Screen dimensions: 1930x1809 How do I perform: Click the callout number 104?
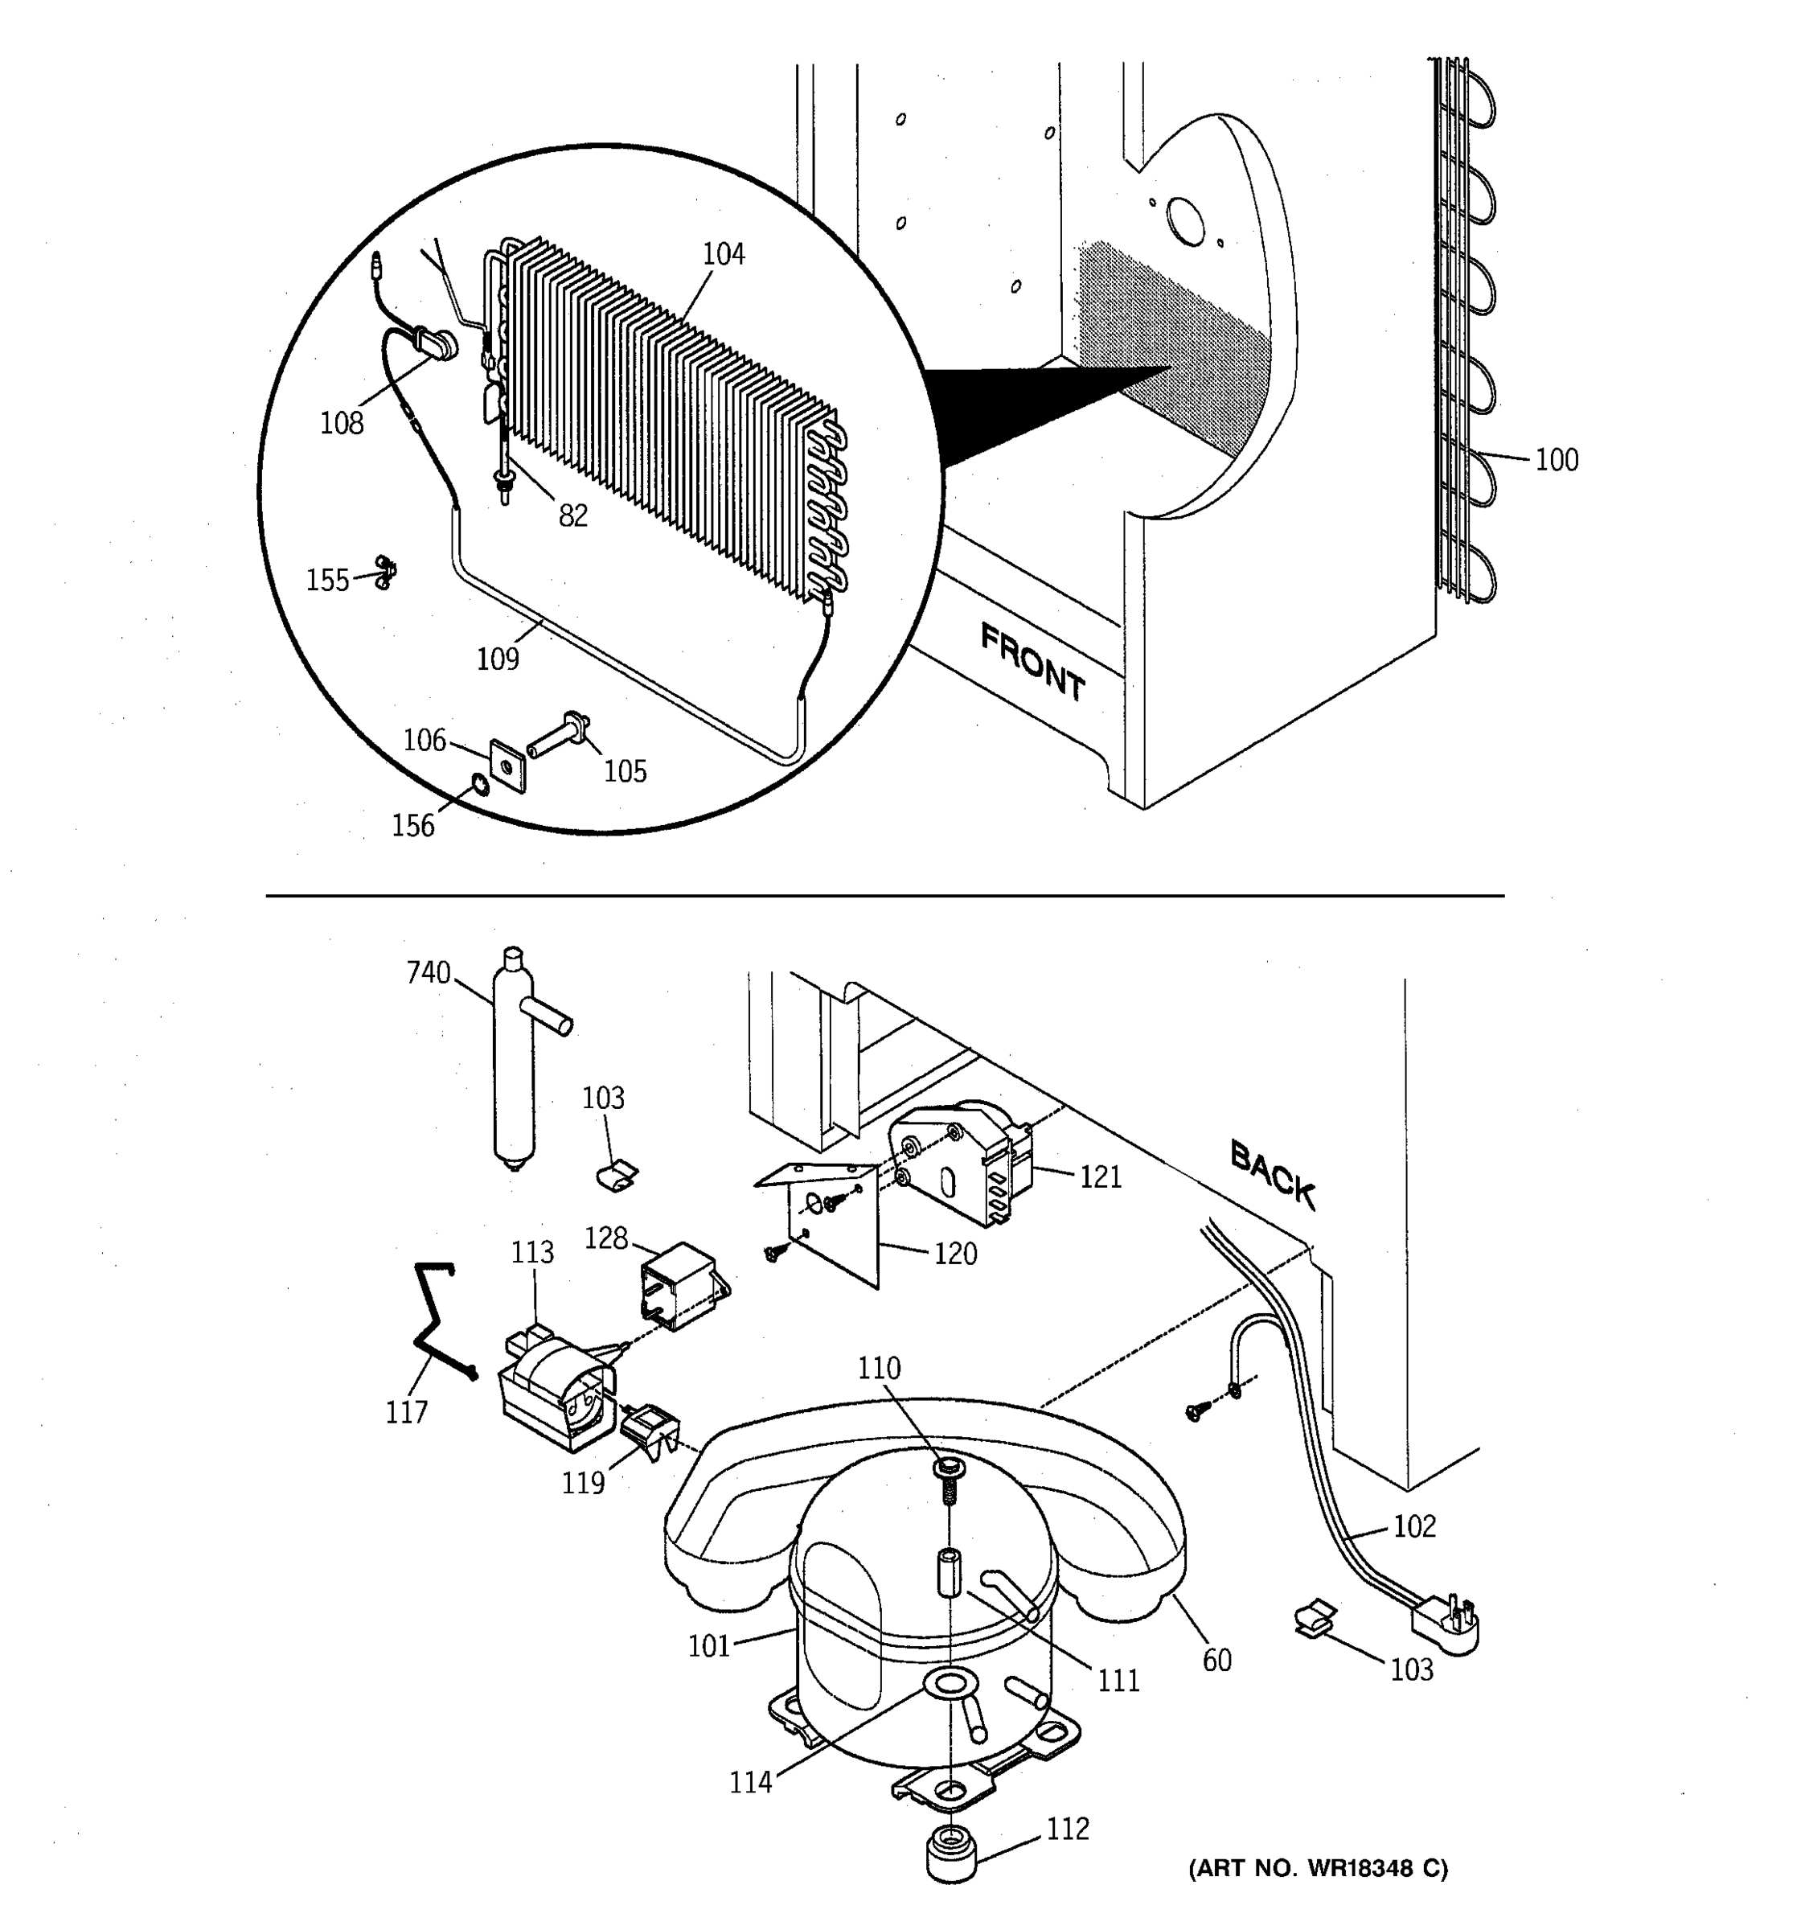coord(723,254)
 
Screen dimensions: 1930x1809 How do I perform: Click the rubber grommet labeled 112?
coord(952,1854)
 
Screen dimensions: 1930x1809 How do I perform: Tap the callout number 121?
coord(1101,1176)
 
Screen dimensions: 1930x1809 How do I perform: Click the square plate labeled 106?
coord(507,764)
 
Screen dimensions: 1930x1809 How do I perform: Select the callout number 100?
coord(1556,460)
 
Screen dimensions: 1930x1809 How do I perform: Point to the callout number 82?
coord(572,515)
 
